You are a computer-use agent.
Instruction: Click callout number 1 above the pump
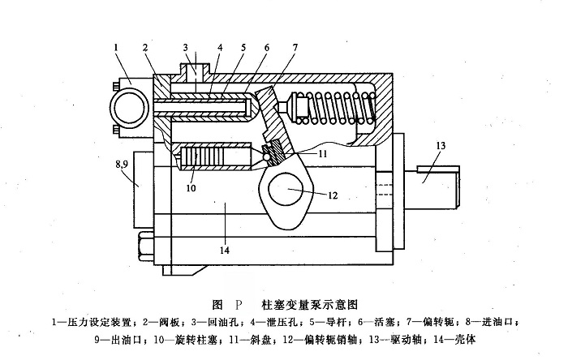coord(117,49)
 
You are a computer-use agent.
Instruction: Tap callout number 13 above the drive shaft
coord(440,145)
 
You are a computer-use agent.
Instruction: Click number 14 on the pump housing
coord(224,251)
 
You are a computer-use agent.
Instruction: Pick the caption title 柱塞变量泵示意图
coord(309,305)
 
